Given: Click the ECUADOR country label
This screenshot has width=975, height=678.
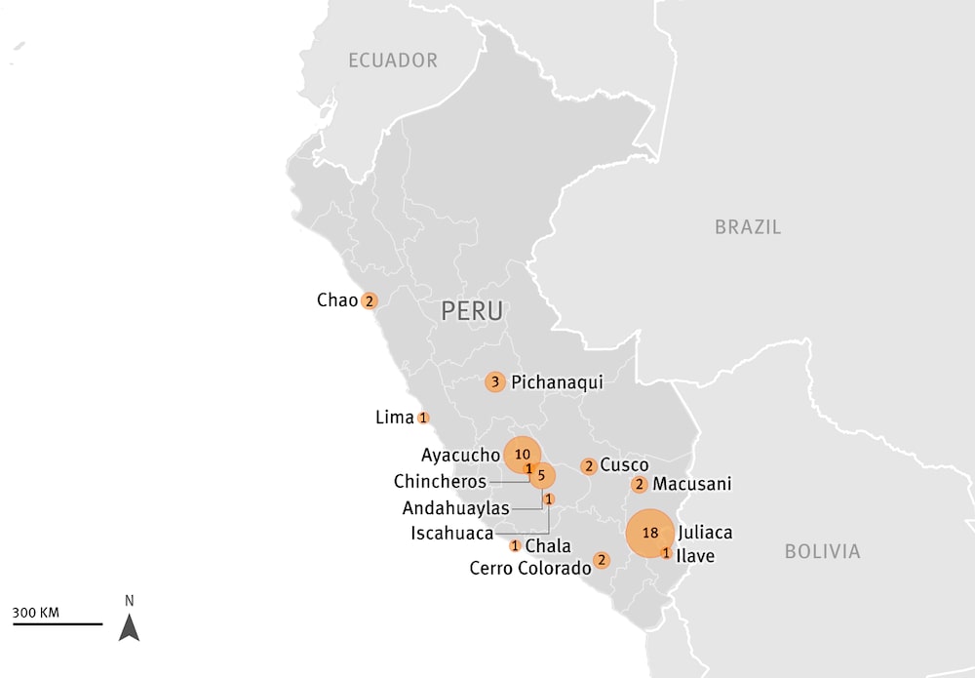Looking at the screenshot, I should pos(393,60).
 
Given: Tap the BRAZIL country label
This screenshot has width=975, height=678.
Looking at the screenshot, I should pos(748,227).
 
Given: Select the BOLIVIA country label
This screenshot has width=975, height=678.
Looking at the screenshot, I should pos(822,552).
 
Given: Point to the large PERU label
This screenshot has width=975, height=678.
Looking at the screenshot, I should pos(472,311).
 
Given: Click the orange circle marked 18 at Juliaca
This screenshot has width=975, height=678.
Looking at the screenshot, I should pos(650,533).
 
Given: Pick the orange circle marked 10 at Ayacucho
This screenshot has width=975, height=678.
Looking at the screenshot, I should pos(523,454).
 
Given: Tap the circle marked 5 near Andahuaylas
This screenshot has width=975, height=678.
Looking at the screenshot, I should pos(541,475).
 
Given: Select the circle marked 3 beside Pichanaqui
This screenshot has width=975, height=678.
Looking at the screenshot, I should pos(495,381).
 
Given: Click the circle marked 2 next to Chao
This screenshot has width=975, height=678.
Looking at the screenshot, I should pos(370,300).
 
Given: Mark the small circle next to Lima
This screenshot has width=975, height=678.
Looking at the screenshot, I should pos(423,418).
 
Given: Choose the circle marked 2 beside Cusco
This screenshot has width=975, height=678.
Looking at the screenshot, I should pos(589,466).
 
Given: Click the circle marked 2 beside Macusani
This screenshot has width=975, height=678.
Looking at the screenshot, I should pos(640,484).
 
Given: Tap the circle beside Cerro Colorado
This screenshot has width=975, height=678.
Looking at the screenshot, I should pos(602,560).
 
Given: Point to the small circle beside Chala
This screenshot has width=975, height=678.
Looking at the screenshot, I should pos(515,545).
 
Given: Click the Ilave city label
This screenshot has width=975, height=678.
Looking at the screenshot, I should pos(695,556).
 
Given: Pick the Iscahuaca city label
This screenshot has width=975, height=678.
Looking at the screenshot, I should pos(451,533).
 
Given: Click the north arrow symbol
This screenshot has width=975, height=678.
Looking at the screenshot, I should pos(129,625).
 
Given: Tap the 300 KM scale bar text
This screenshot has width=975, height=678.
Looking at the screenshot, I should pos(36,613).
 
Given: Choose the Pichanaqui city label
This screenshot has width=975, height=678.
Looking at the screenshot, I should pos(557,382).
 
